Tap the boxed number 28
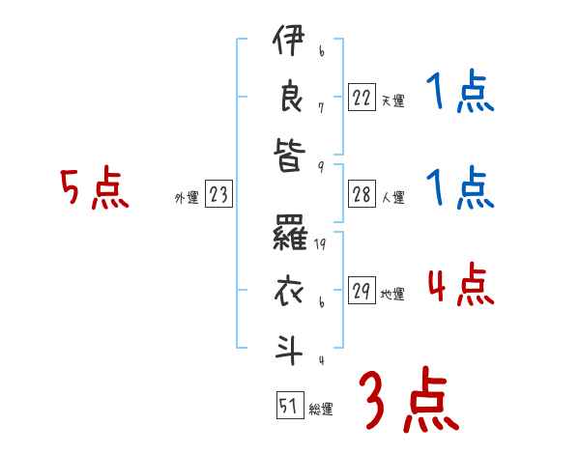(x=362, y=194)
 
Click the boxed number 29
(x=362, y=291)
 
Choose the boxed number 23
(x=217, y=194)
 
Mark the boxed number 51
(x=288, y=407)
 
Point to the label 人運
(x=392, y=197)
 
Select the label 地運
(x=392, y=294)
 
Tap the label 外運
(x=187, y=197)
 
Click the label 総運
(x=320, y=410)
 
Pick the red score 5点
(x=94, y=189)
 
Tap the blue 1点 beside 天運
(x=459, y=94)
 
